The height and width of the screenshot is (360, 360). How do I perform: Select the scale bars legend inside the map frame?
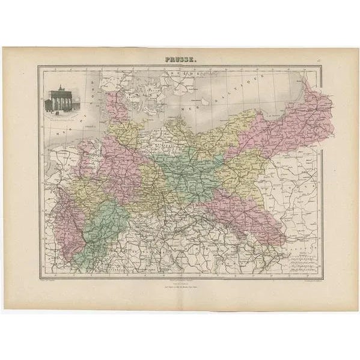coord(301,258)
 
